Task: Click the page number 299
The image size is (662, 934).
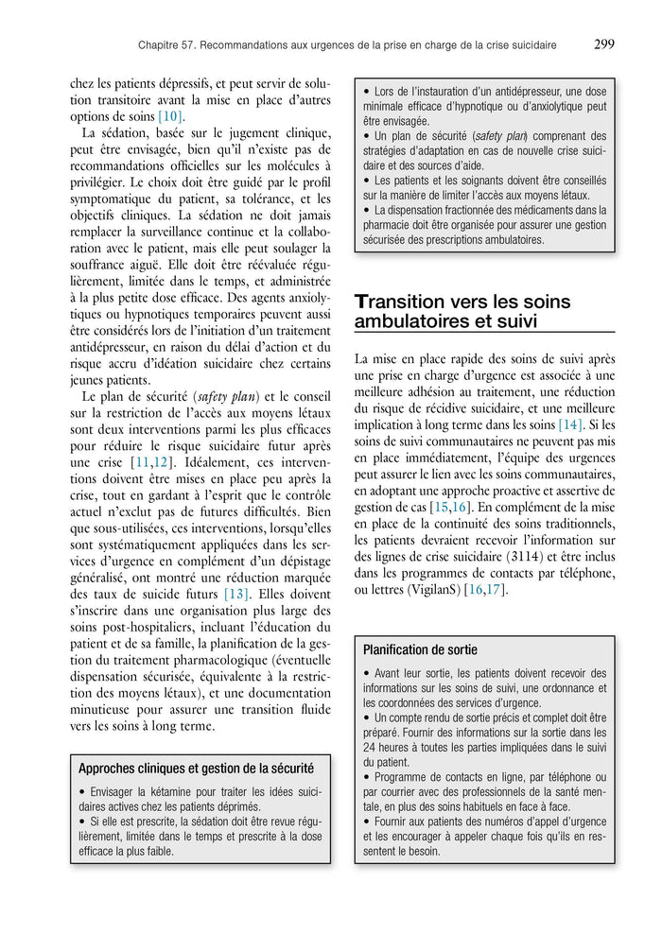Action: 604,43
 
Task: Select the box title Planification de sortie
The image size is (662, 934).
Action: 420,649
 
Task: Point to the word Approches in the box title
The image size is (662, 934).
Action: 108,768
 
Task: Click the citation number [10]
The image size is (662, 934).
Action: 171,116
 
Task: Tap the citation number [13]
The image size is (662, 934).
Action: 236,594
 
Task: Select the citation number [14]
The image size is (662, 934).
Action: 570,424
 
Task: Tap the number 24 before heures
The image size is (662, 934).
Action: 371,746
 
